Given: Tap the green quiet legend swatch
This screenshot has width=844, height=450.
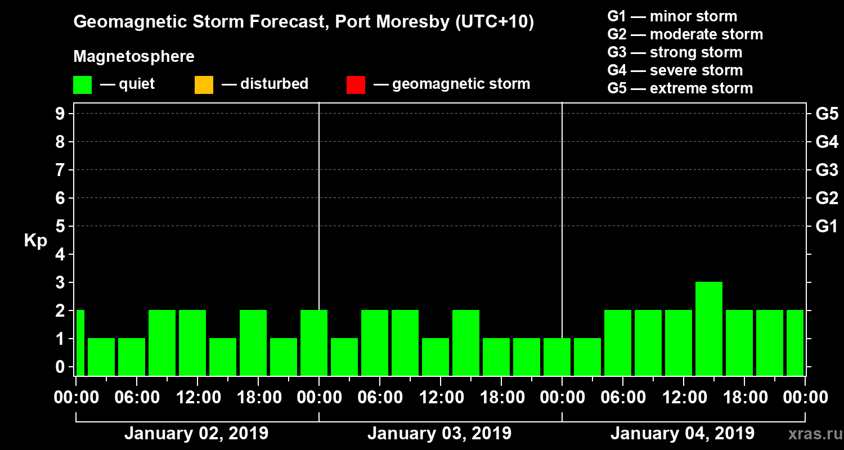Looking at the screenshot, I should (82, 84).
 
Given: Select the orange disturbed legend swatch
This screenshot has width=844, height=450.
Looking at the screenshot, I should (204, 84).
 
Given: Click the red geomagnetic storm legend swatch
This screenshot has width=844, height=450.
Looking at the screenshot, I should (356, 84).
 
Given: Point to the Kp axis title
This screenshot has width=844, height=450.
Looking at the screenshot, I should (35, 241).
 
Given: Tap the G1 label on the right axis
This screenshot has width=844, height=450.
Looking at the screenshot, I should (827, 226).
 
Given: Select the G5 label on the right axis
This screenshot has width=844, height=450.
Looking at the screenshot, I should (827, 114).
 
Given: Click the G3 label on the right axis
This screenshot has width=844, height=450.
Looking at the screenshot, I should (827, 170).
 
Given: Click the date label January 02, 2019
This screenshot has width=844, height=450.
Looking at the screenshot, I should (196, 434).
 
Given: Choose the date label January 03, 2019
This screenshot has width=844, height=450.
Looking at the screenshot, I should (439, 434).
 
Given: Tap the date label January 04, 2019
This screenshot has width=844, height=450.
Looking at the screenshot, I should (682, 434).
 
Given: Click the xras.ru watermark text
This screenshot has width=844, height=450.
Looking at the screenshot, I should (811, 434).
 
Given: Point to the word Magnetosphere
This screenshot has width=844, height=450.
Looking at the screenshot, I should (134, 57).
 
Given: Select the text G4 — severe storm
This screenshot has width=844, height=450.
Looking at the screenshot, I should (675, 70).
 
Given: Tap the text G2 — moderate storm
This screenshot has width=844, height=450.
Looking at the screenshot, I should (685, 34).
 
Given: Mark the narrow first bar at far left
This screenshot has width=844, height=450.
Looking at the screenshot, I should (80, 343).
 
